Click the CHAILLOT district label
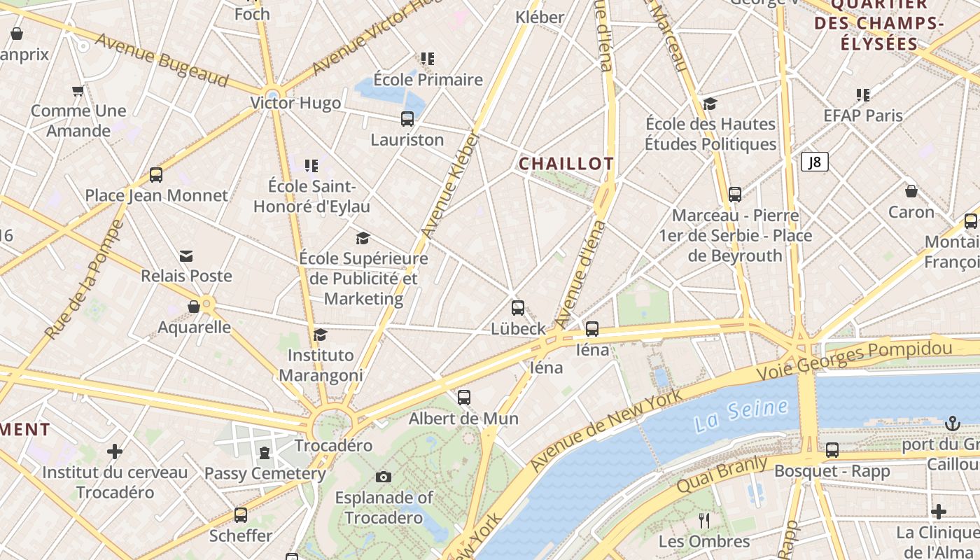pyautogui.click(x=566, y=164)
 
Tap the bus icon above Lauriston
pyautogui.click(x=407, y=119)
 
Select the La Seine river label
pyautogui.click(x=741, y=416)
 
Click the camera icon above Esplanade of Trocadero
pyautogui.click(x=383, y=477)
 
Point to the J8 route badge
pyautogui.click(x=814, y=162)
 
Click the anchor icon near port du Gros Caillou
pyautogui.click(x=951, y=423)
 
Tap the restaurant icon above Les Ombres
pyautogui.click(x=704, y=520)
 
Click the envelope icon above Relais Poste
pyautogui.click(x=186, y=256)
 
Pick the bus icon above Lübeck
pyautogui.click(x=518, y=308)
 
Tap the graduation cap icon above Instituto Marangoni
pyautogui.click(x=320, y=335)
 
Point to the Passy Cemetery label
pyautogui.click(x=265, y=473)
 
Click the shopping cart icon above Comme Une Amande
pyautogui.click(x=78, y=90)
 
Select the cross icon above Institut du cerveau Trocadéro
pyautogui.click(x=115, y=451)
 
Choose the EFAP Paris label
pyautogui.click(x=863, y=115)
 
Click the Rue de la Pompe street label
pyautogui.click(x=83, y=280)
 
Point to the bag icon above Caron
pyautogui.click(x=911, y=191)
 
